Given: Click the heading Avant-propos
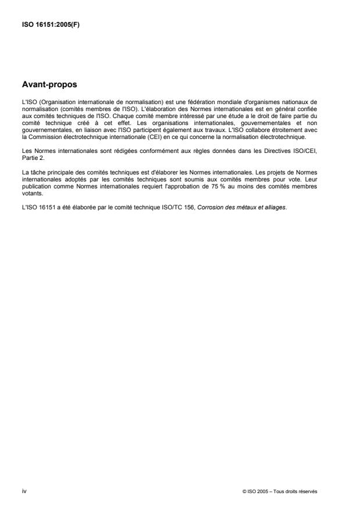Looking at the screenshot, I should pos(49,84).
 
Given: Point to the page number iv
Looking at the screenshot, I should pos(24,491).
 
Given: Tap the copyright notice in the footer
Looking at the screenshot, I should pos(280,491).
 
